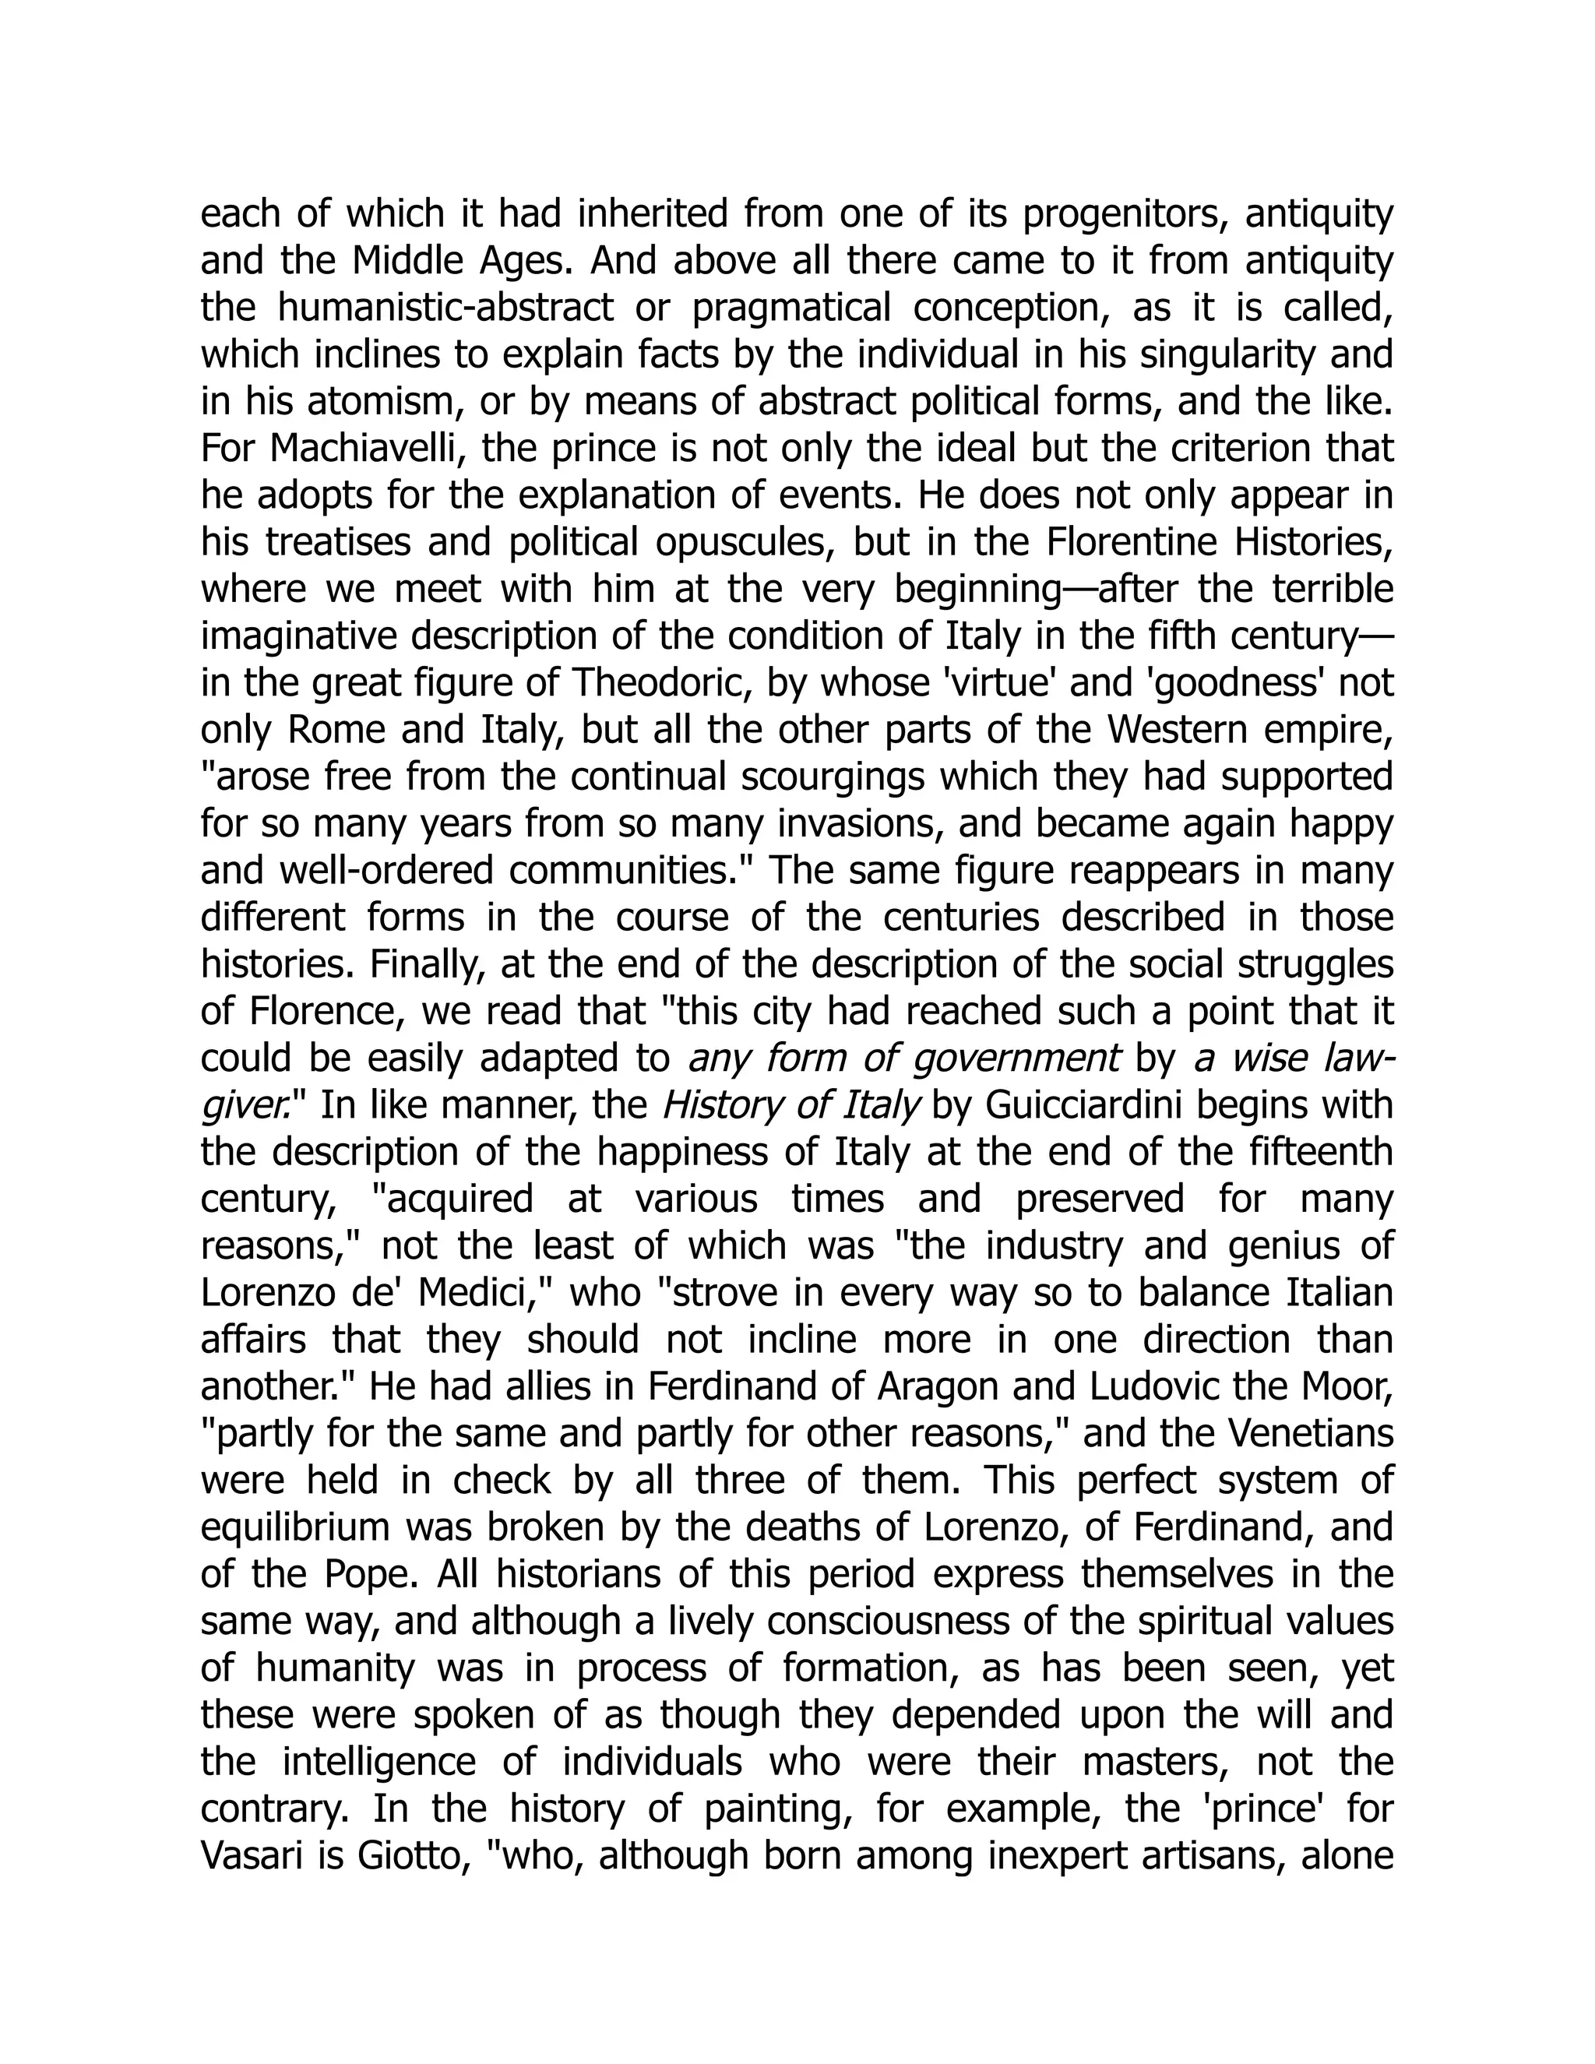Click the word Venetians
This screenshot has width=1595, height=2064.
pyautogui.click(x=1311, y=1434)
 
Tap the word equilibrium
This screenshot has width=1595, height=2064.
pyautogui.click(x=297, y=1527)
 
